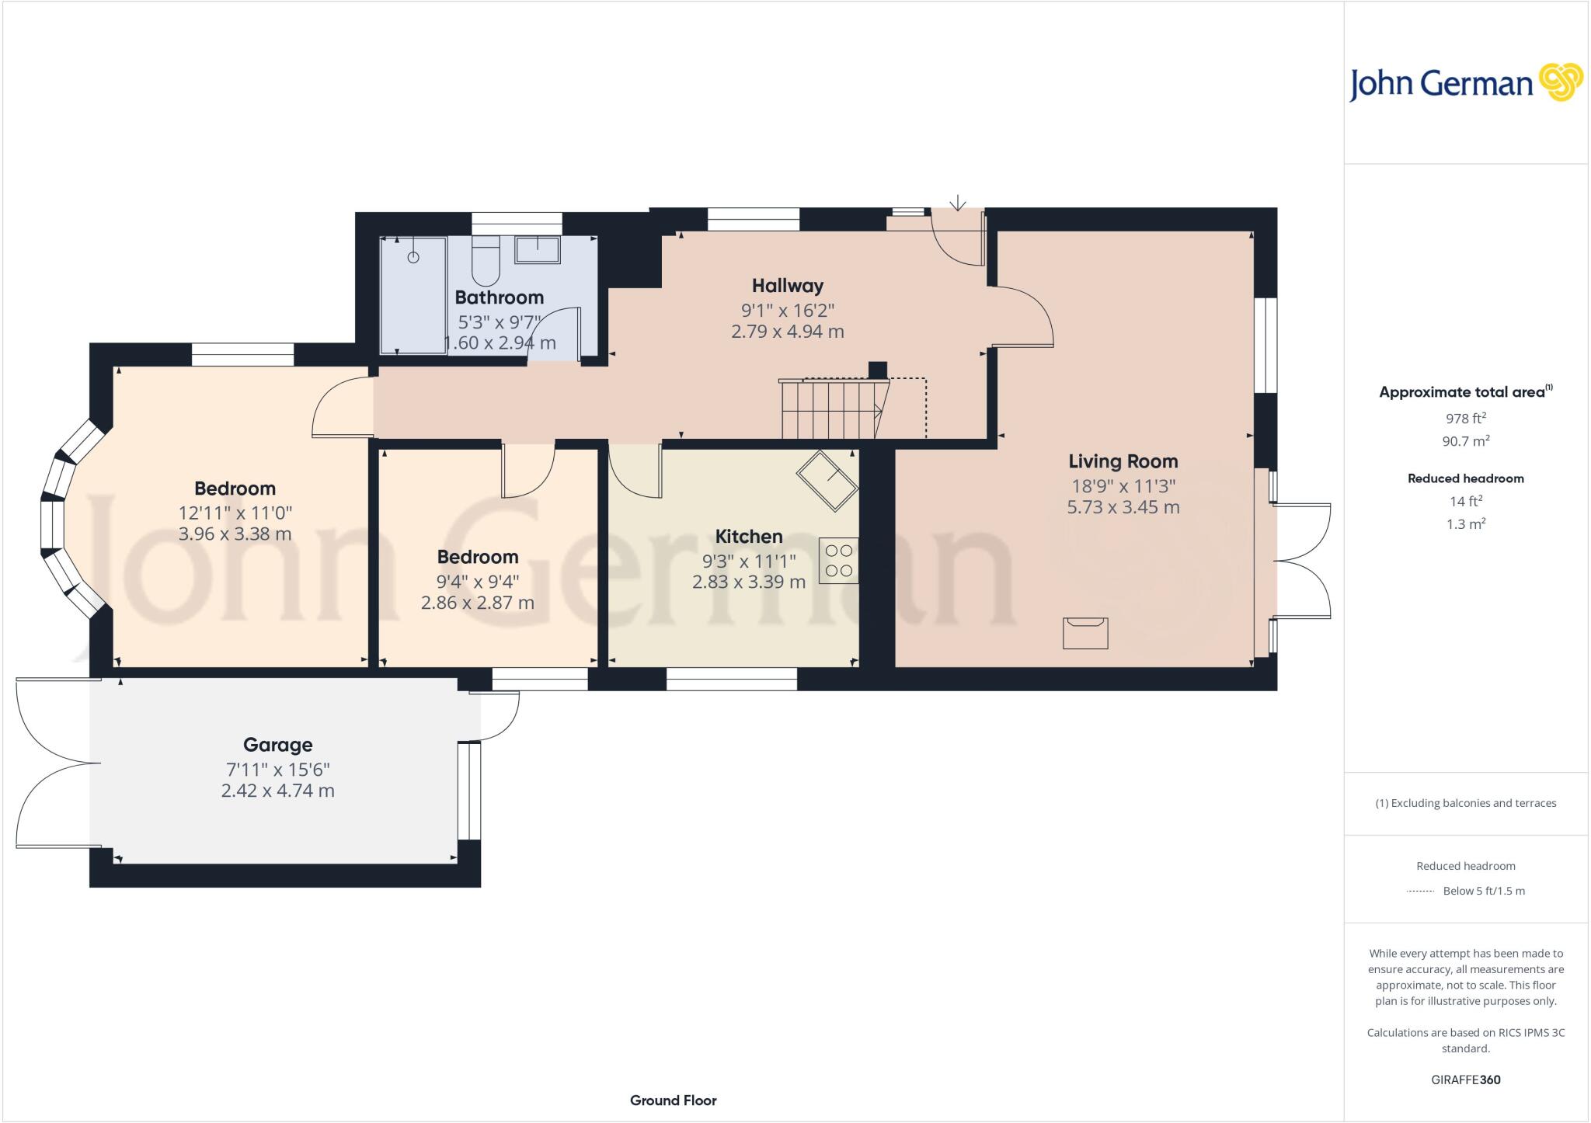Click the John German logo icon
pyautogui.click(x=1561, y=82)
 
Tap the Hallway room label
pyautogui.click(x=787, y=286)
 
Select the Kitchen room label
pyautogui.click(x=748, y=537)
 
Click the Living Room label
pyautogui.click(x=1123, y=461)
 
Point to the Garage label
pyautogui.click(x=277, y=745)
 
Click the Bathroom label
pyautogui.click(x=499, y=297)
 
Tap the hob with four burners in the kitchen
pyautogui.click(x=838, y=560)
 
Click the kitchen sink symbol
pyautogui.click(x=827, y=480)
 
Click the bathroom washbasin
pyautogui.click(x=537, y=249)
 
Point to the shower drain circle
pyautogui.click(x=413, y=257)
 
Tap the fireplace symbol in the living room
pyautogui.click(x=1085, y=632)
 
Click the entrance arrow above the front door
pyautogui.click(x=958, y=203)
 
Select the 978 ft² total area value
pyautogui.click(x=1465, y=419)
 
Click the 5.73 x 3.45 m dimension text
pyautogui.click(x=1123, y=508)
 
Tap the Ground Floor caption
pyautogui.click(x=673, y=1100)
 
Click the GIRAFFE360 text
pyautogui.click(x=1465, y=1080)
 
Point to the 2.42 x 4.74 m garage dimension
pyautogui.click(x=277, y=791)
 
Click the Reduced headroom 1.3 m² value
pyautogui.click(x=1465, y=524)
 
